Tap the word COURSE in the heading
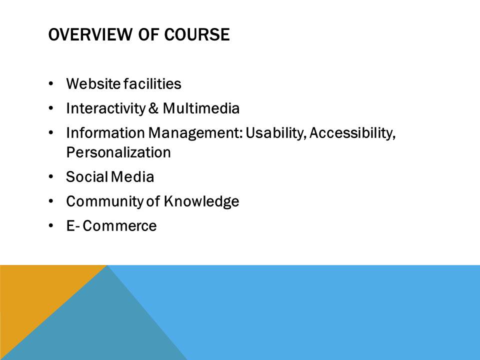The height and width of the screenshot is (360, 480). point(197,34)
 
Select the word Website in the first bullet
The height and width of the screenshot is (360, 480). point(93,84)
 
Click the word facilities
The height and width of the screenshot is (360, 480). point(152,84)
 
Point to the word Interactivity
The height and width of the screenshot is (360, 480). point(106,108)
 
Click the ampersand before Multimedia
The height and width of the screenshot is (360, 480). point(153,108)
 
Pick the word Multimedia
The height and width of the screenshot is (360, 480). point(201,108)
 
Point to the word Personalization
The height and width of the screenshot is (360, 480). point(118,152)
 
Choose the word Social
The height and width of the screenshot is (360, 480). point(87,177)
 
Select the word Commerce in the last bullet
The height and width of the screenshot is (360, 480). point(119,226)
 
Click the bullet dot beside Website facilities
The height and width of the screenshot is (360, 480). point(51,83)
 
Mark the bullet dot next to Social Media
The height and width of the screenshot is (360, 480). point(51,176)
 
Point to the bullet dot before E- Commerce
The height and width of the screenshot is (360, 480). point(51,225)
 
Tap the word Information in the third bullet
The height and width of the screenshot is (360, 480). point(105,133)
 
